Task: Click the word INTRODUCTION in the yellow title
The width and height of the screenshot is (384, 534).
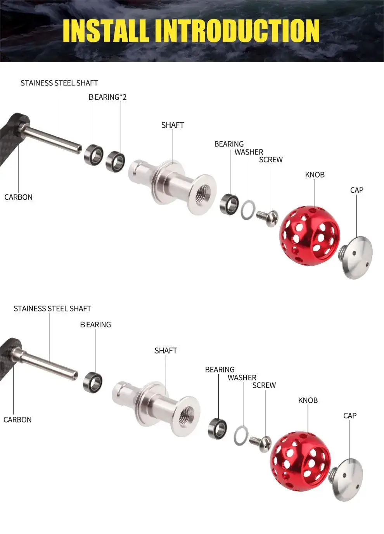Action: click(x=237, y=31)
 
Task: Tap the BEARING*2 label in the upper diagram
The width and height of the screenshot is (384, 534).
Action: click(x=107, y=97)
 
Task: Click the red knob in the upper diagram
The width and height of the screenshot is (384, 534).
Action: click(x=310, y=236)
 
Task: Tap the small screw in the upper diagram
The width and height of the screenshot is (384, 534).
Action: click(x=267, y=218)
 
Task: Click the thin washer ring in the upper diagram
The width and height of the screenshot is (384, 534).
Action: click(x=248, y=210)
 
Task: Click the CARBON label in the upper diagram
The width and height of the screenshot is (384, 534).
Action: click(x=18, y=197)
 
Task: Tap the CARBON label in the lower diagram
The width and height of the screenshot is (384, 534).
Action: click(x=17, y=419)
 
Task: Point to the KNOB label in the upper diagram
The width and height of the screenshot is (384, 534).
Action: click(x=315, y=175)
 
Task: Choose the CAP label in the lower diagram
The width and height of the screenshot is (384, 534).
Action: click(x=350, y=416)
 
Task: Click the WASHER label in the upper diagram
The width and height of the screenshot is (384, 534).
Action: click(x=249, y=152)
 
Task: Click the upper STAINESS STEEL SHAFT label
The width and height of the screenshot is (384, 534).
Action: click(x=59, y=83)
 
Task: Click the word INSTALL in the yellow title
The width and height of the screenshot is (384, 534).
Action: click(x=106, y=31)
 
